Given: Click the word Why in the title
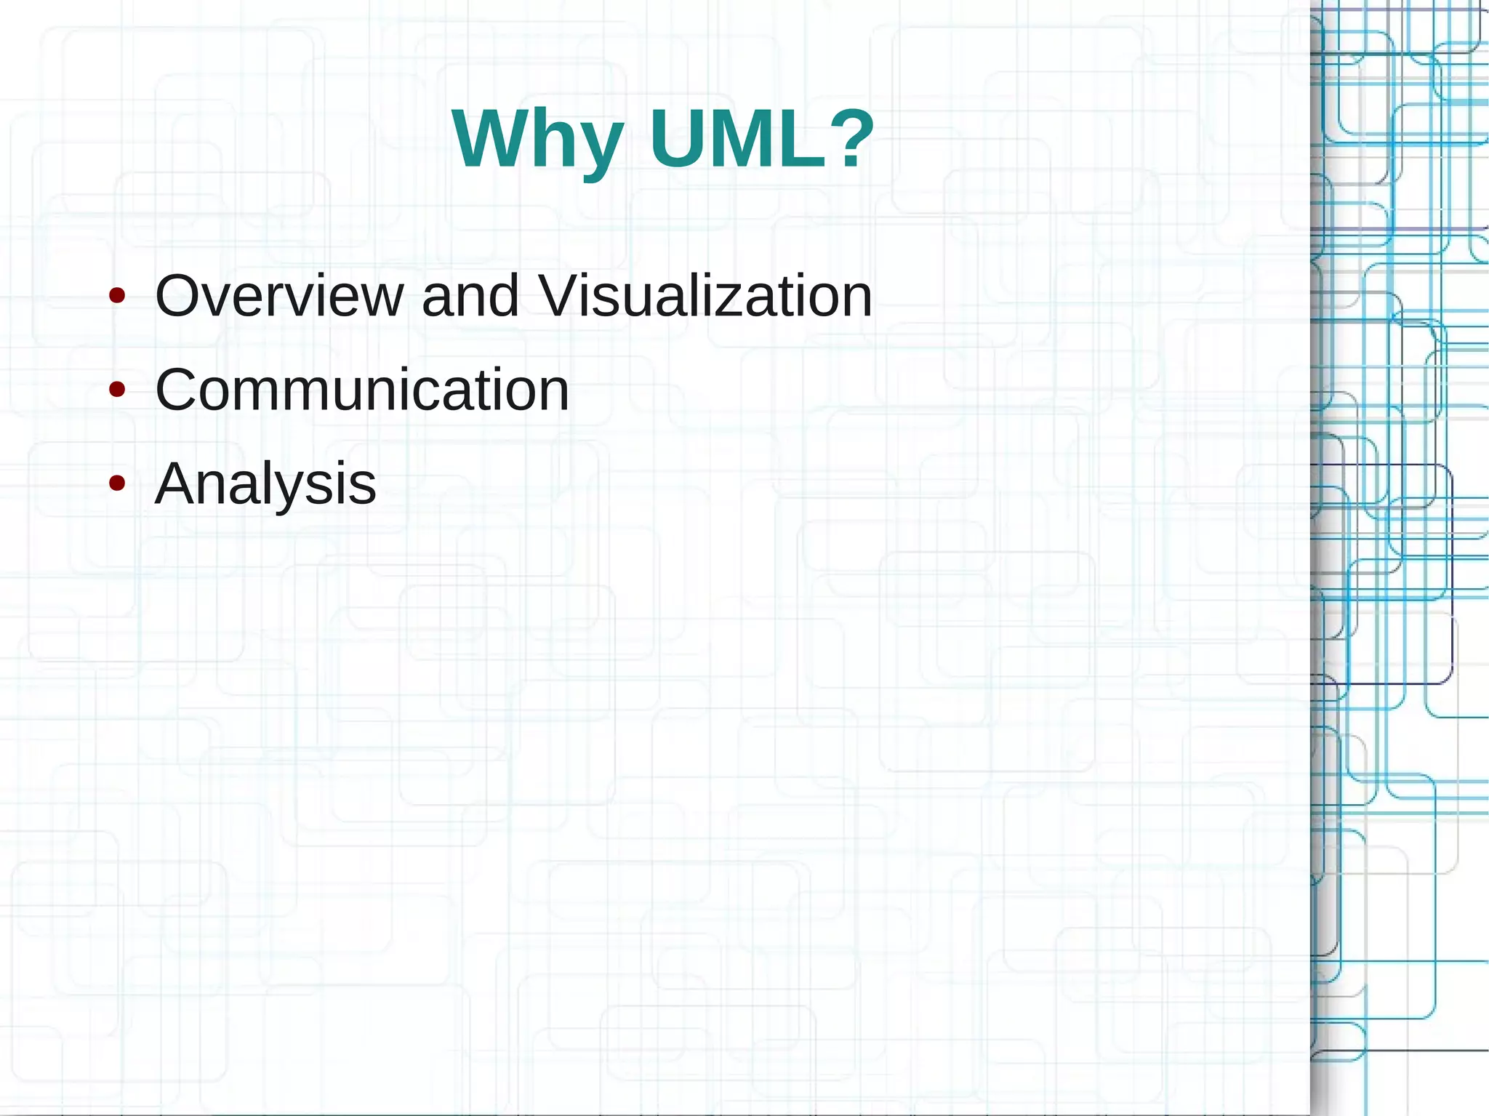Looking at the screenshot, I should [x=537, y=140].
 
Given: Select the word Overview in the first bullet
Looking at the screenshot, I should [x=279, y=296].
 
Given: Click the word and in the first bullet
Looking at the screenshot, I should [x=470, y=296].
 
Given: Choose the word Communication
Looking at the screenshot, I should [x=362, y=390].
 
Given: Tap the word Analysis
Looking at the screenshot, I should [x=265, y=484].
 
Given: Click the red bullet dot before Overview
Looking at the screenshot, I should [x=116, y=297].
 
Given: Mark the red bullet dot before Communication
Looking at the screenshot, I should [x=116, y=390].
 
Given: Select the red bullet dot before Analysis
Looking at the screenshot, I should [x=116, y=483].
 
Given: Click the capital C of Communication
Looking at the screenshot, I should [x=179, y=390].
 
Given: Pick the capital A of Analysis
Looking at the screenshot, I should [x=177, y=483].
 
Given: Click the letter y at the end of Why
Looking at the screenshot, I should [x=601, y=145].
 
